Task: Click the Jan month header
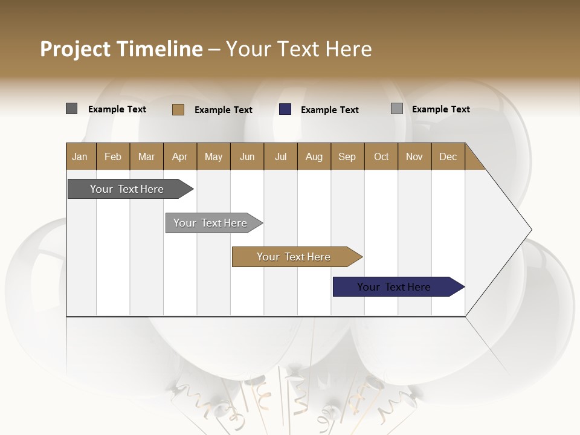tap(80, 156)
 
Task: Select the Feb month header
tap(113, 156)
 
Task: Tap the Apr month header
tap(179, 156)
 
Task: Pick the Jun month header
tap(247, 156)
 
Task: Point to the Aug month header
tap(314, 156)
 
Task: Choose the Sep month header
tap(347, 156)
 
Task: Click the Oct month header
tap(381, 156)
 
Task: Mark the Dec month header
tap(448, 156)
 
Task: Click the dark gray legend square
tap(72, 109)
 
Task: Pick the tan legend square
tap(178, 109)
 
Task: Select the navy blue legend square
tap(285, 109)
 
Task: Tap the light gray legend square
tap(397, 109)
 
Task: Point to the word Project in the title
tap(74, 49)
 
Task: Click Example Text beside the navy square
tap(329, 110)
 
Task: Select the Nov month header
tap(414, 156)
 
